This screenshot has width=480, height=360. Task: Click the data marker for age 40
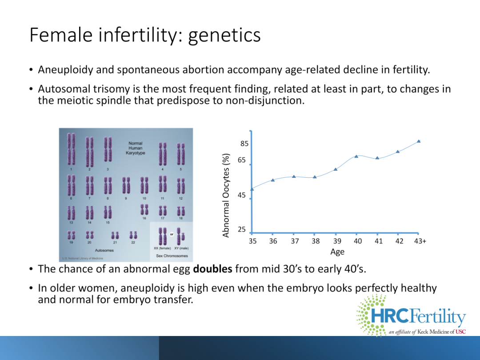[356, 156]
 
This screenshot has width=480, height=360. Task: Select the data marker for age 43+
[419, 141]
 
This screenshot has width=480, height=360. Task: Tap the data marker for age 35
[252, 189]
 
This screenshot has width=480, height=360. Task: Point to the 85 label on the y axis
[244, 144]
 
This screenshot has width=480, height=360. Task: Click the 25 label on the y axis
[242, 229]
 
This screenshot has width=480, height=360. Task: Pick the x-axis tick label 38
[316, 241]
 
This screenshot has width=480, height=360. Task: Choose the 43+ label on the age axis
[420, 241]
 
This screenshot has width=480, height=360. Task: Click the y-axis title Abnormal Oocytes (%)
[226, 195]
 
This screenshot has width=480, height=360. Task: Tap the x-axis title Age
[337, 252]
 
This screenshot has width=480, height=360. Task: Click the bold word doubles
[212, 269]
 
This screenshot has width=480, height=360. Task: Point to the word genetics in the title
[224, 35]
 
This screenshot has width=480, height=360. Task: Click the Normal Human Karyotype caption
[135, 148]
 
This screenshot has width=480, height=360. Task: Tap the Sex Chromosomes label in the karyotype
[172, 256]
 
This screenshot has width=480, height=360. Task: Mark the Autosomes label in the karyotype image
[104, 250]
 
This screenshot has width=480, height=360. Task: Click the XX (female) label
[162, 248]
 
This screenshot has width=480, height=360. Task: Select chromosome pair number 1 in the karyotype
[71, 149]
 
